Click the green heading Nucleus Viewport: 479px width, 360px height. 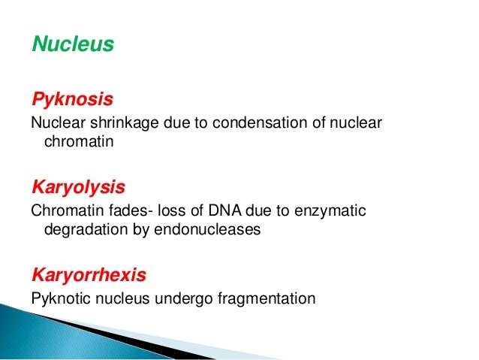[x=72, y=45]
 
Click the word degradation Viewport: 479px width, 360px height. [x=83, y=230]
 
